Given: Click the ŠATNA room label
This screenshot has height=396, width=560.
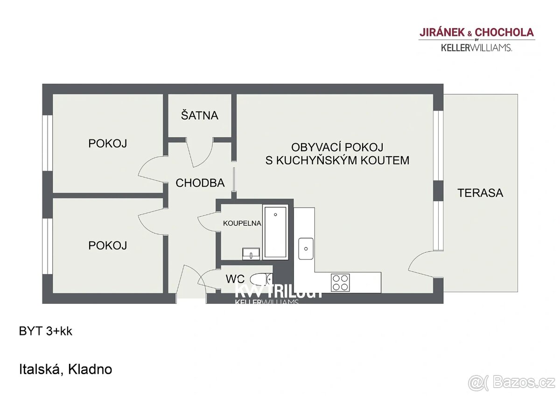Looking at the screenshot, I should click(x=200, y=115).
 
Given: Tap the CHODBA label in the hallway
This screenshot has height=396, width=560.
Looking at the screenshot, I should click(x=200, y=183).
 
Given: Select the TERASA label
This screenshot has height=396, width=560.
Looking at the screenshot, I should click(x=480, y=193).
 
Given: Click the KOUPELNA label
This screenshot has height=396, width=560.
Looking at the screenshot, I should click(x=242, y=223).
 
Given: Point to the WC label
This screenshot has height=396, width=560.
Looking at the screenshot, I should click(x=235, y=279).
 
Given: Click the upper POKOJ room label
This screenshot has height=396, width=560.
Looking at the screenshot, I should click(x=108, y=144).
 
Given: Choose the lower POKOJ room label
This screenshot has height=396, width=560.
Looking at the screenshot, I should click(x=108, y=245).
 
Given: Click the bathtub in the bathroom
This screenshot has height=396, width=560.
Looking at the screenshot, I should click(x=276, y=232).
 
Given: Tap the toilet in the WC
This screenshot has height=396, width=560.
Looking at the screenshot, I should click(x=260, y=279).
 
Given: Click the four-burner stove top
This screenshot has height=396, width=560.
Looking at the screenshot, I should click(x=340, y=282).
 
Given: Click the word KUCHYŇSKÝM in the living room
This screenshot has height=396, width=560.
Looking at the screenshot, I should click(x=337, y=160).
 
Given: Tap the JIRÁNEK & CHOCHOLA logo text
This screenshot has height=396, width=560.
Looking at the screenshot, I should click(x=476, y=32).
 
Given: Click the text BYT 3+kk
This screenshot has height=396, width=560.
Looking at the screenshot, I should click(x=46, y=332).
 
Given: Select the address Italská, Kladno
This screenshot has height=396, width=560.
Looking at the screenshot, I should click(x=65, y=369).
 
